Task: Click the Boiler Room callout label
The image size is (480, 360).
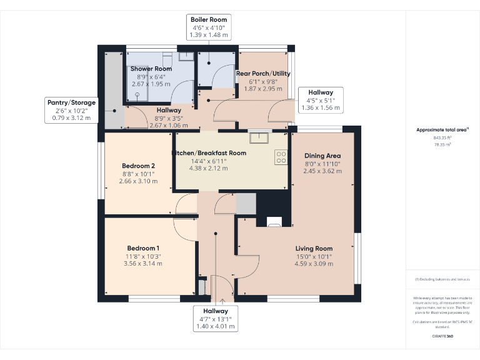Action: [209, 28]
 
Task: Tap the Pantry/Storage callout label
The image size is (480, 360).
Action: [71, 110]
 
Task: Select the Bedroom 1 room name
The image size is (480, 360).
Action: [144, 247]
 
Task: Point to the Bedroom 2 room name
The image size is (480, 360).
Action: [138, 166]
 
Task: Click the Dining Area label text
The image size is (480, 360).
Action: [322, 156]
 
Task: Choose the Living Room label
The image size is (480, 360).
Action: [314, 248]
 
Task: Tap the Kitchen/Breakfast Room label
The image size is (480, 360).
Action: [209, 152]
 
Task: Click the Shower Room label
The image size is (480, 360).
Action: [151, 68]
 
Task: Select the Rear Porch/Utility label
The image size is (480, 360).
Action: [262, 73]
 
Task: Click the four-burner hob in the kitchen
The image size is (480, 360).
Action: [281, 157]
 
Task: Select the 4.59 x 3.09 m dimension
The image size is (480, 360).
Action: [314, 264]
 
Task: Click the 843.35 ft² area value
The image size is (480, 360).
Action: [442, 137]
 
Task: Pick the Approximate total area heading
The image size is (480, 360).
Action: [442, 130]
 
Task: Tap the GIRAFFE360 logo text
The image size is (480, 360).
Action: [442, 336]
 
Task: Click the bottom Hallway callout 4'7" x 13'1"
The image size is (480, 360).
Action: [215, 318]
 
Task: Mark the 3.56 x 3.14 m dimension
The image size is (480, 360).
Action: [144, 264]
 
